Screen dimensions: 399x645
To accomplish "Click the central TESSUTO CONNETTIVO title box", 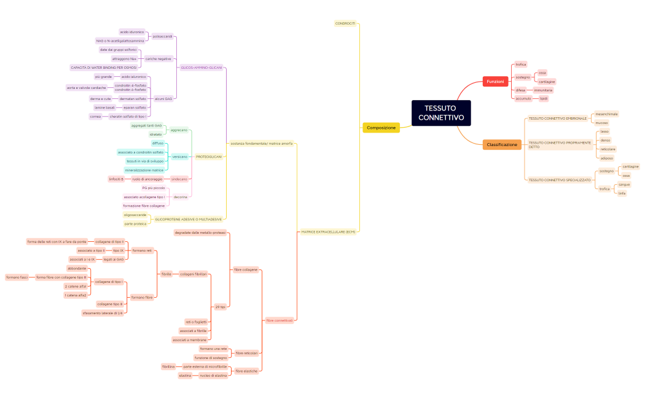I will coord(440,113).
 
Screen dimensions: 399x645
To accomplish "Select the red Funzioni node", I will coord(495,82).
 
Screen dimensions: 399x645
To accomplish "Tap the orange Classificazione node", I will coord(502,145).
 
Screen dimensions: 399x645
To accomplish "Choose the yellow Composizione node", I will coord(381,128).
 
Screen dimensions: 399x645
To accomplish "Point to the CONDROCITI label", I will coord(345,23).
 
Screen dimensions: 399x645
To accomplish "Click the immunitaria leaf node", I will coord(543,90).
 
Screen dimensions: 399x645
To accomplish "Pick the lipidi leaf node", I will coord(544,98).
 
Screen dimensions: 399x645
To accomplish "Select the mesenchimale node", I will coord(606,114).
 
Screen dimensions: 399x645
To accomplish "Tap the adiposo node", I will coord(606,158).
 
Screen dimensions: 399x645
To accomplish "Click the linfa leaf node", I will coord(622,193).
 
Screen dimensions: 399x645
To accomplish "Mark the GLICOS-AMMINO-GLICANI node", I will coord(201,68).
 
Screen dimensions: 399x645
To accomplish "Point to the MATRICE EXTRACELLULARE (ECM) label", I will coord(328,232).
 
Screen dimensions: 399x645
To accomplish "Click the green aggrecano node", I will coord(179,130).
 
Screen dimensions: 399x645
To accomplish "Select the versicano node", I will coord(180,157).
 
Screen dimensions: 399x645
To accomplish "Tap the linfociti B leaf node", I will coord(116,179).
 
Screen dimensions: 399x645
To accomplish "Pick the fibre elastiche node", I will coord(246,371).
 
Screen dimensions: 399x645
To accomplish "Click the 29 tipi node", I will coord(220,306).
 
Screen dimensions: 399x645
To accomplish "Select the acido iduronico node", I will coord(132,31).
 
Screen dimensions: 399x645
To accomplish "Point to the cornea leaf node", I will coord(95,116).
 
